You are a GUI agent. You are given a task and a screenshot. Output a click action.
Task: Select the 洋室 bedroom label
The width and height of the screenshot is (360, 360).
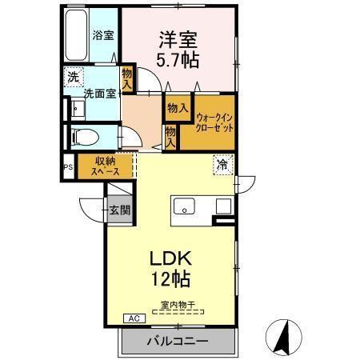[x=178, y=38]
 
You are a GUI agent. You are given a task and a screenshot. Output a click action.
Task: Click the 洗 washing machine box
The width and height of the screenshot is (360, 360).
[x=73, y=78]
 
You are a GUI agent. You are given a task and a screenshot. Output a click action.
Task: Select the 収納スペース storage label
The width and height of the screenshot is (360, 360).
[x=105, y=165]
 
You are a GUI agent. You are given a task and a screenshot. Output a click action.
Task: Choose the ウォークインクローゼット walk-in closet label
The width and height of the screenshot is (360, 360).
[x=214, y=122]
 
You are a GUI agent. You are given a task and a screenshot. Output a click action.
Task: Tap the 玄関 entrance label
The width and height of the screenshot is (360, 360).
[x=120, y=210]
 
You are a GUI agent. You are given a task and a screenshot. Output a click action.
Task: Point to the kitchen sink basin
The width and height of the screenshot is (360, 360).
[x=186, y=207]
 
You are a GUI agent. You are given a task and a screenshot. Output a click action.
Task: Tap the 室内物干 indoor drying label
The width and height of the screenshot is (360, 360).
[x=178, y=305]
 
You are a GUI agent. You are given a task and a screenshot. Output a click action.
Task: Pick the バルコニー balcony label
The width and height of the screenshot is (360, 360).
[x=177, y=342]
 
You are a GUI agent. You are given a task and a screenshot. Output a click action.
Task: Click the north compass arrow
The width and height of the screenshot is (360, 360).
[x=281, y=336]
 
